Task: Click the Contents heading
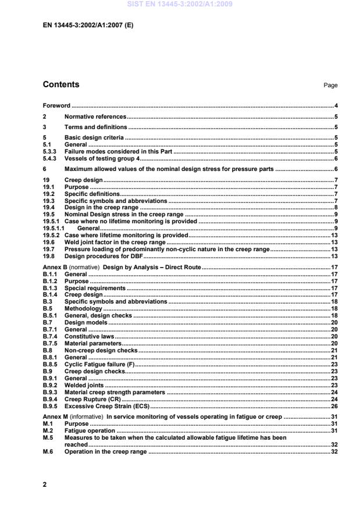(62, 84)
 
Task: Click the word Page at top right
(330, 85)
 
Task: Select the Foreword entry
(56, 106)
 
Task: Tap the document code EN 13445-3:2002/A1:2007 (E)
(88, 26)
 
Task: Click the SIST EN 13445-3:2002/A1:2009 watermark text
(180, 5)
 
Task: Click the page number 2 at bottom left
(45, 484)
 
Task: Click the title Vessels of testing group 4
(101, 158)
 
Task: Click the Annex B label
(55, 266)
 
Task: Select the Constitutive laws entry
(90, 336)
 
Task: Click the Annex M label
(56, 417)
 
